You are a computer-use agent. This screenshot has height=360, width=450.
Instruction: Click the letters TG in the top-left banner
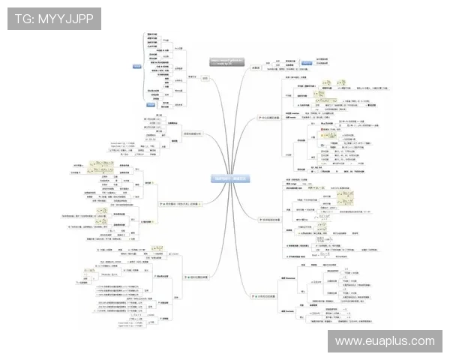click(25, 19)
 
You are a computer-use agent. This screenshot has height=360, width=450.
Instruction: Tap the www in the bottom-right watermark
click(348, 341)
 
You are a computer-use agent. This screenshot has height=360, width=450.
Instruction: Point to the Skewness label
click(288, 278)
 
